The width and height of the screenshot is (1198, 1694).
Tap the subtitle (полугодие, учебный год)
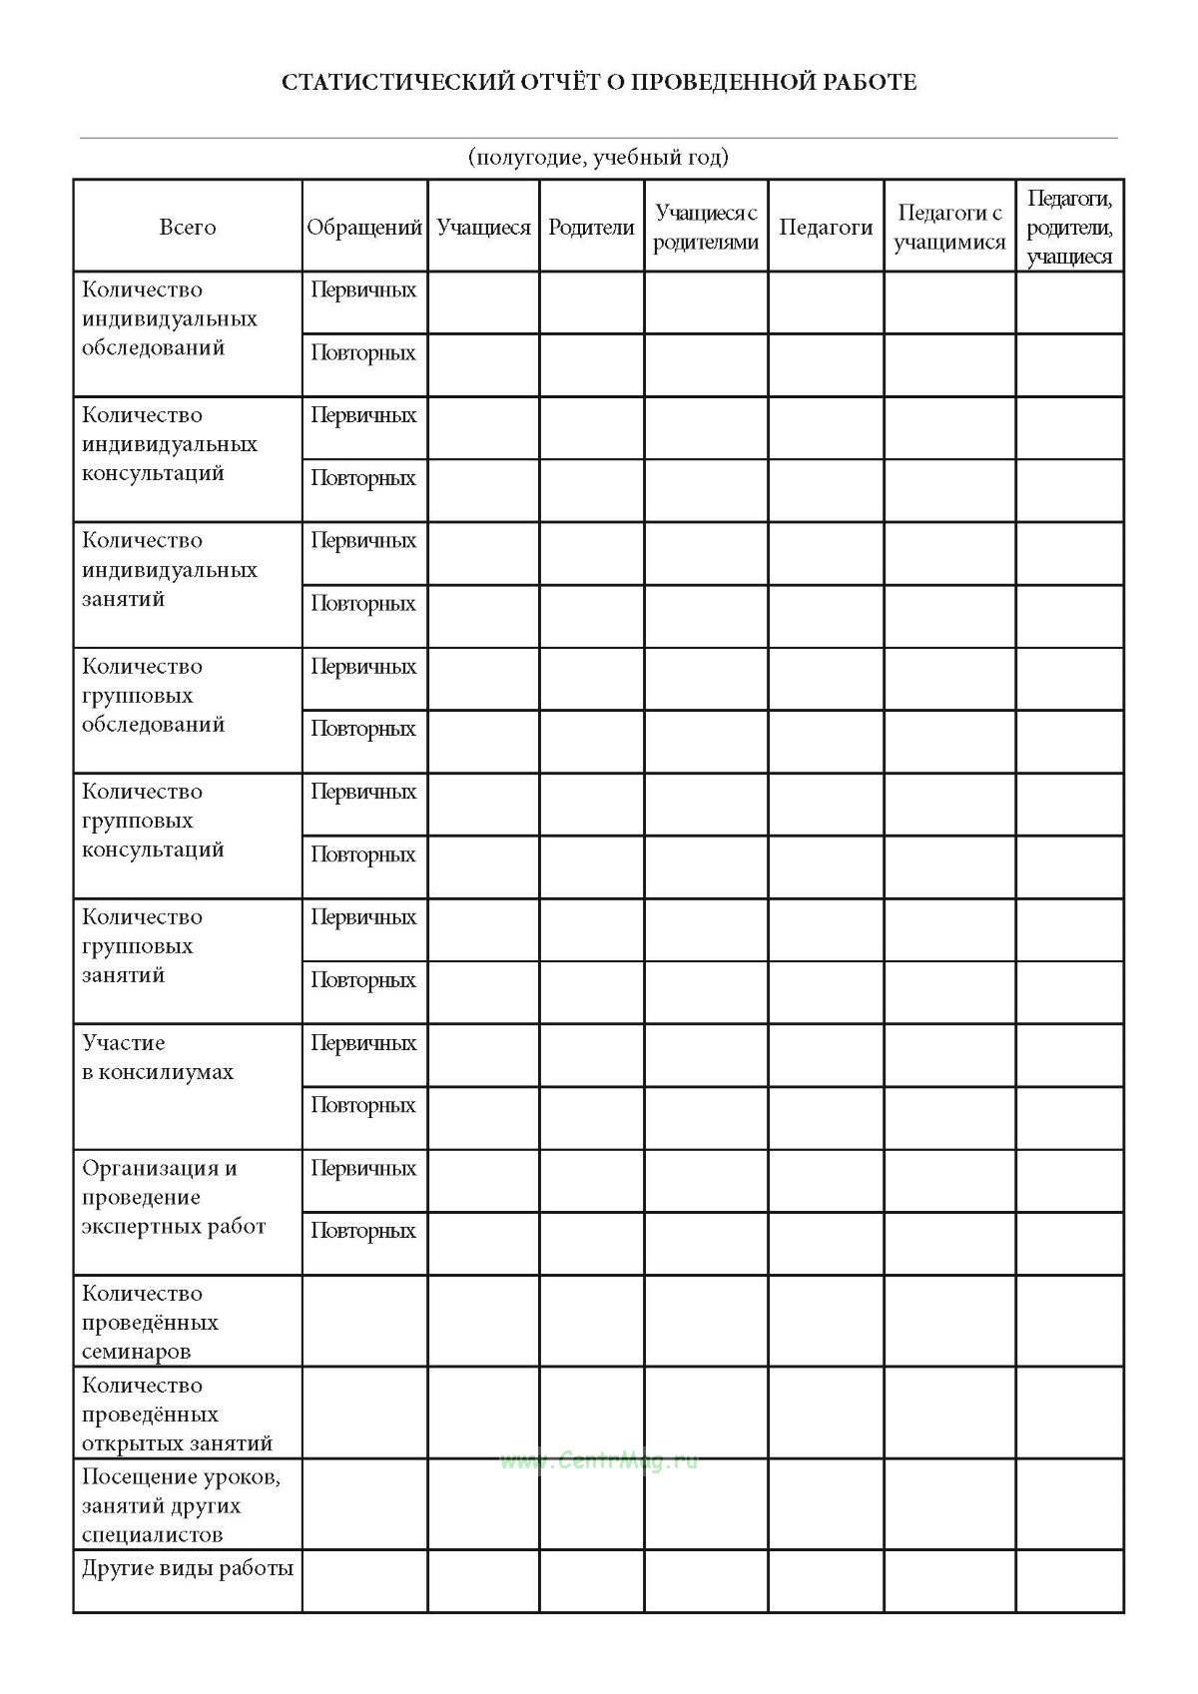(x=598, y=157)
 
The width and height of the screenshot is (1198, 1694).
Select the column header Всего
(x=188, y=227)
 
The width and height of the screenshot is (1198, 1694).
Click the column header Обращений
(x=364, y=227)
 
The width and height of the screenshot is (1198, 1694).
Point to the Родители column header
(x=591, y=227)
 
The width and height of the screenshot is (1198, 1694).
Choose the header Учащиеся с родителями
(x=706, y=227)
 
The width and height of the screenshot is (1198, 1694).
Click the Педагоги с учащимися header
(x=949, y=227)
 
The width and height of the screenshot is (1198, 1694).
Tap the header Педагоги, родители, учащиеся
(x=1069, y=227)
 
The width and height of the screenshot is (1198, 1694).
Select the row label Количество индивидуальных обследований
(x=170, y=318)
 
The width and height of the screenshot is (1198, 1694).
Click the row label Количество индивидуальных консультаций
(x=170, y=444)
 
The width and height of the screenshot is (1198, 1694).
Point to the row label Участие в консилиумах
(x=158, y=1057)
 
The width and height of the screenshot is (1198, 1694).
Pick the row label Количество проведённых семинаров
(x=151, y=1322)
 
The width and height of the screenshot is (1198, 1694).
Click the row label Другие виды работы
(x=188, y=1567)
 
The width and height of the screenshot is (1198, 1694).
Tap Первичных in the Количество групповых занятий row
(x=363, y=916)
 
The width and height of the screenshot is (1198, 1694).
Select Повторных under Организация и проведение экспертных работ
(x=363, y=1230)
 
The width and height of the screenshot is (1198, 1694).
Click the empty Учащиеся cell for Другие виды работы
(x=483, y=1580)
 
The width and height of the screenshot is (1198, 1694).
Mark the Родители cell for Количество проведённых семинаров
(x=591, y=1321)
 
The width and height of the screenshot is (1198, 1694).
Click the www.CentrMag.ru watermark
(x=599, y=1460)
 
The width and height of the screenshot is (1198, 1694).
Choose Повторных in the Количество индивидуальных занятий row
(x=363, y=603)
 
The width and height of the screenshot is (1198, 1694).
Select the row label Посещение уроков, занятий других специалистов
(x=181, y=1505)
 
